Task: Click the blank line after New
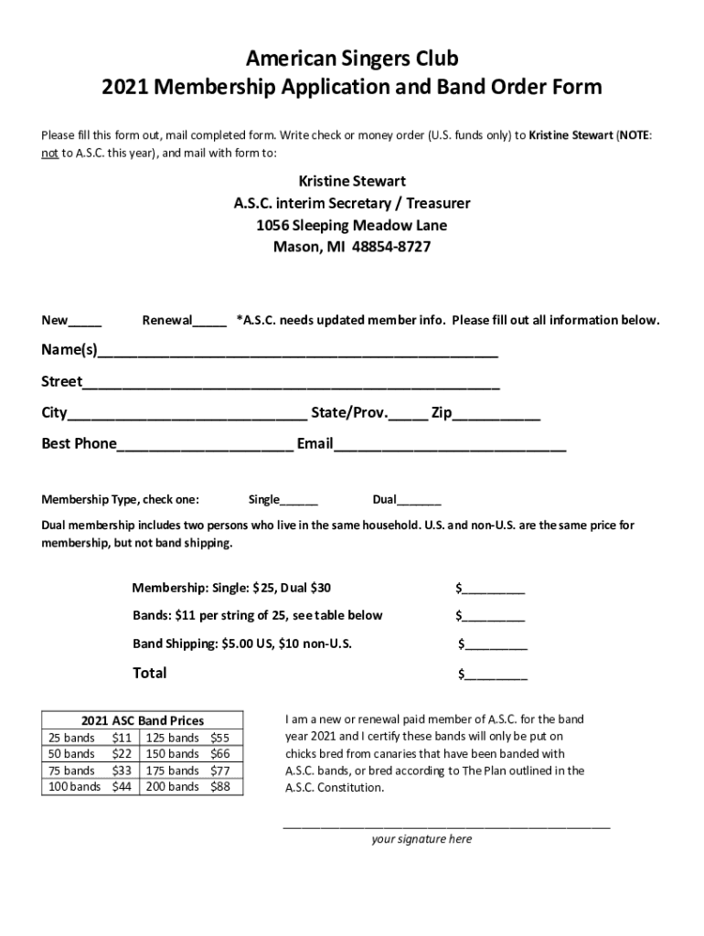pyautogui.click(x=85, y=323)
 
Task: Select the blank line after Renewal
pyautogui.click(x=209, y=323)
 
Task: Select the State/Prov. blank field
pyautogui.click(x=408, y=416)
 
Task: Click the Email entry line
pyautogui.click(x=450, y=446)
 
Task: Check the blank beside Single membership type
pyautogui.click(x=299, y=501)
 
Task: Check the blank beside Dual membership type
pyautogui.click(x=419, y=501)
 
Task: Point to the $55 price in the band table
pyautogui.click(x=220, y=738)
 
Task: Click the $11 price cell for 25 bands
pyautogui.click(x=122, y=738)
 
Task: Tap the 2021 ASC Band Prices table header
pyautogui.click(x=143, y=720)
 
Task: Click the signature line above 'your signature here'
pyautogui.click(x=446, y=825)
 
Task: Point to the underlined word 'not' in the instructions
pyautogui.click(x=50, y=153)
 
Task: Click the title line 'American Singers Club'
pyautogui.click(x=352, y=59)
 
